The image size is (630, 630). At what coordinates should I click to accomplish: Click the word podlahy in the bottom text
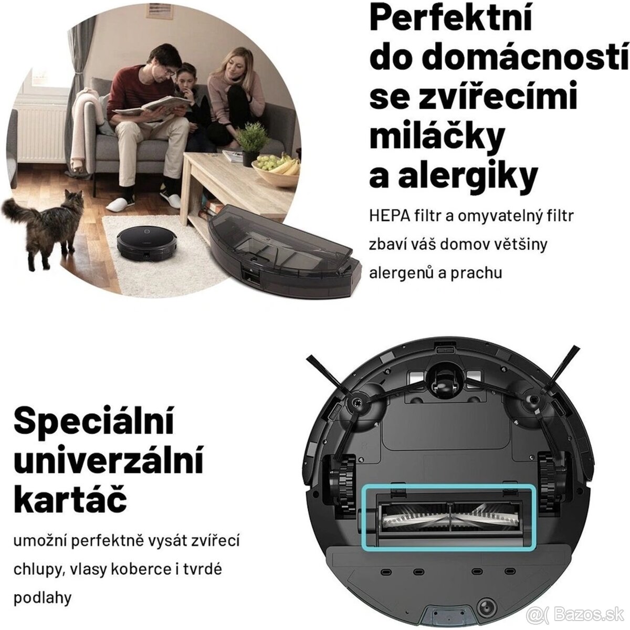pyautogui.click(x=43, y=597)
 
